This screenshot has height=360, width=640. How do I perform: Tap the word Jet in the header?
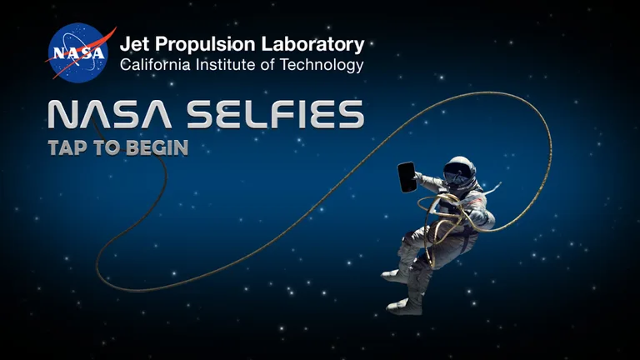(134, 44)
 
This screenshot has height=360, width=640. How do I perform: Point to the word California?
(154, 65)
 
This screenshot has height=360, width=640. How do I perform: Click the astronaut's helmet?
(459, 173)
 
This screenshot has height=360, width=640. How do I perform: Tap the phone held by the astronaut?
(408, 176)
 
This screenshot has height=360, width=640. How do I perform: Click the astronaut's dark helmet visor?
(456, 177)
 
